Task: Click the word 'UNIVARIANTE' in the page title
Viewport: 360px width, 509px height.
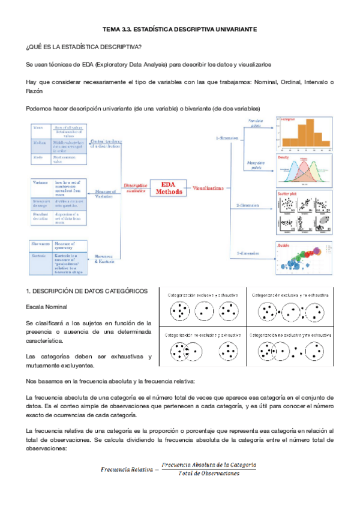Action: click(x=230, y=28)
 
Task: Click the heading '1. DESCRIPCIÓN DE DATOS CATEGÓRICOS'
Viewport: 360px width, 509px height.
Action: click(x=87, y=291)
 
